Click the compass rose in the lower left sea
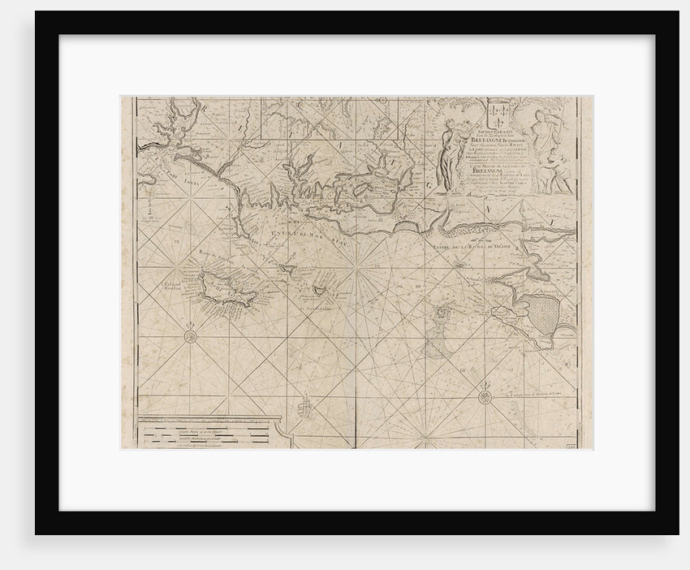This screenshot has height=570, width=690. [x=190, y=336]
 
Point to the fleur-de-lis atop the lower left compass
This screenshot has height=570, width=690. [x=190, y=325]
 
